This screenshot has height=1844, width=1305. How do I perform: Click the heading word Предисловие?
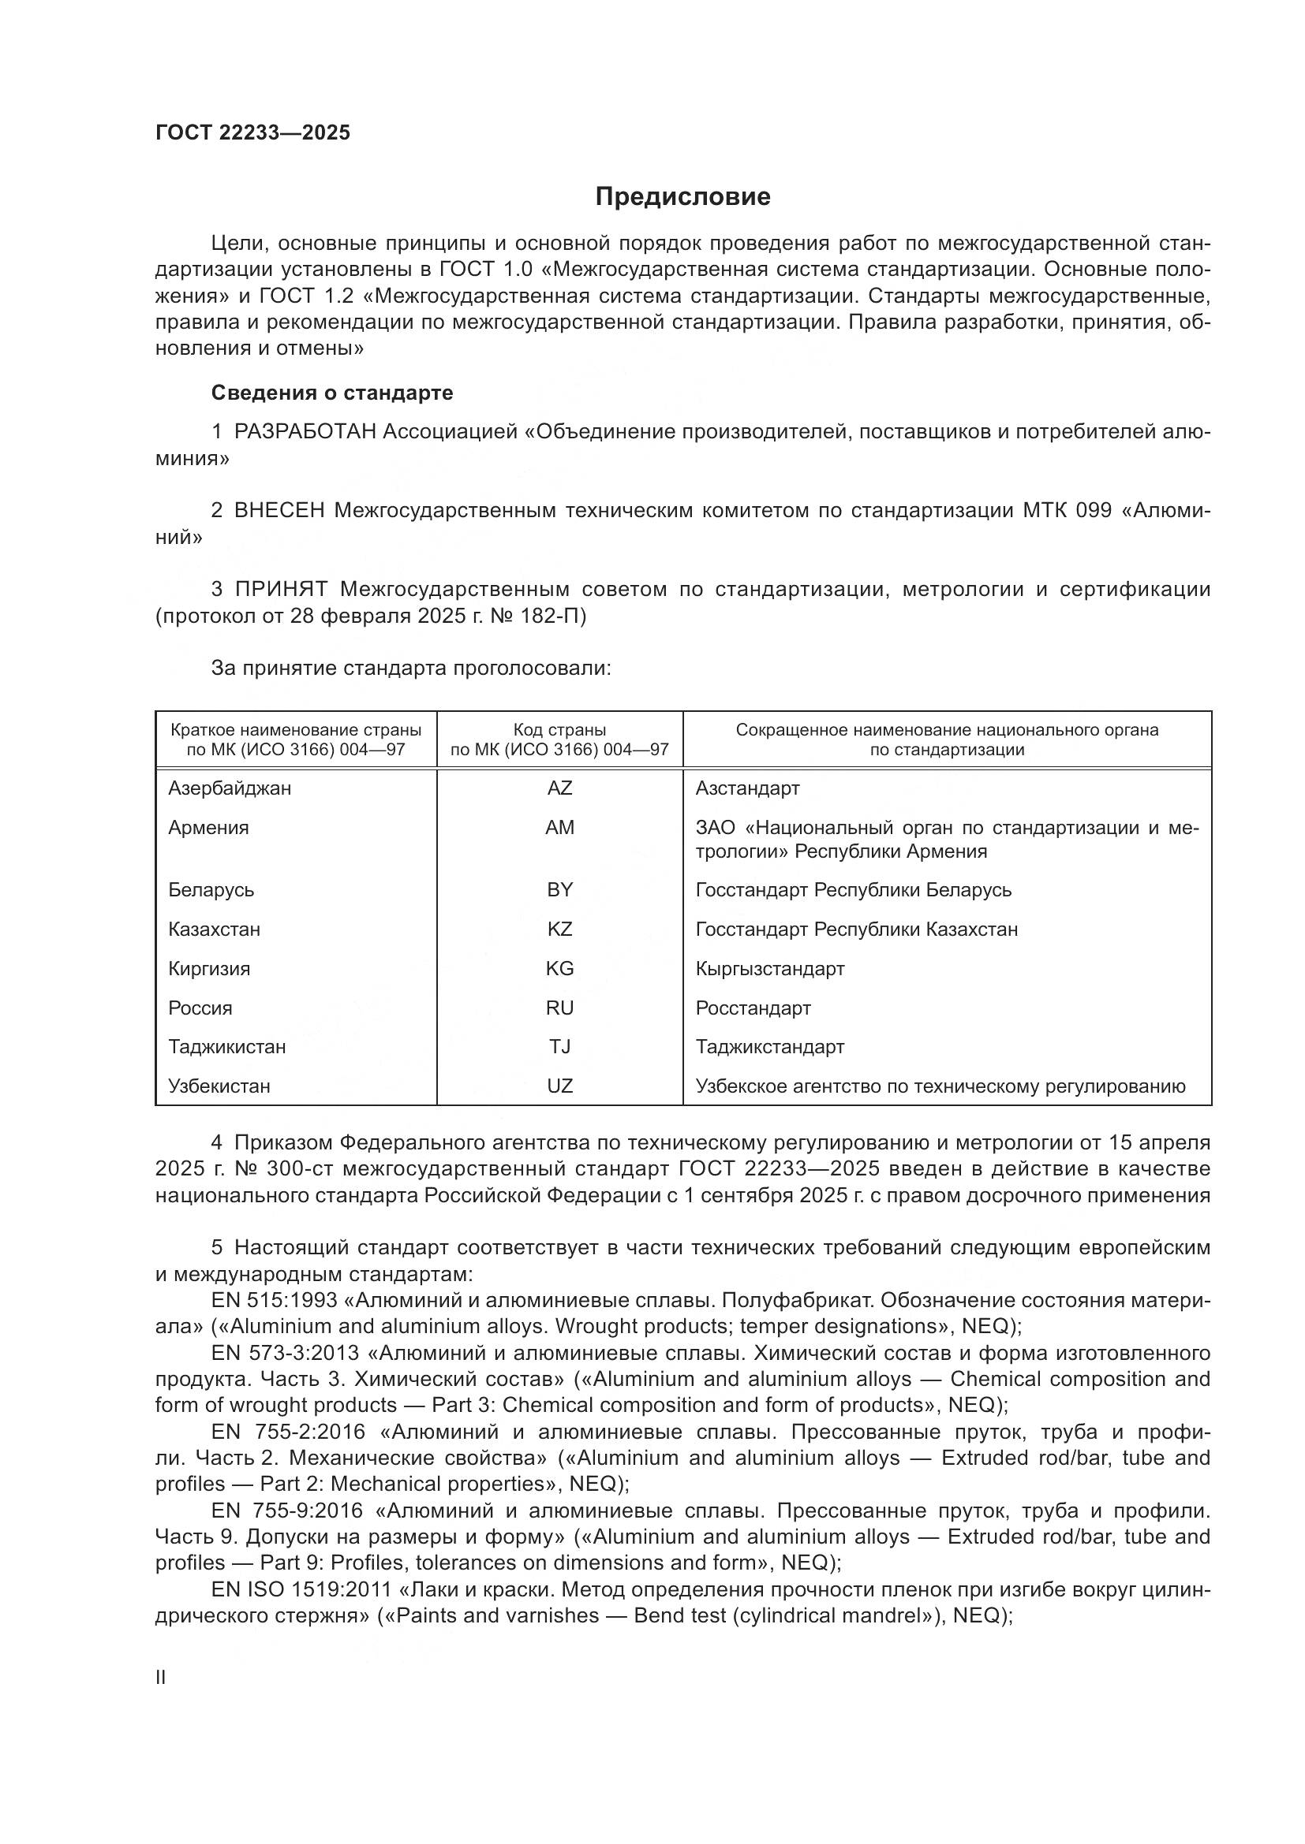click(682, 197)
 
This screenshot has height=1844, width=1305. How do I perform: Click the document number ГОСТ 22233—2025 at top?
click(253, 132)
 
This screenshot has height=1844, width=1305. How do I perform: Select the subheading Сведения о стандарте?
click(332, 393)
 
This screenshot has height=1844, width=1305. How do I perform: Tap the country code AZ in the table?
click(559, 788)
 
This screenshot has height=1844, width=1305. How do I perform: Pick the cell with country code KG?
click(559, 969)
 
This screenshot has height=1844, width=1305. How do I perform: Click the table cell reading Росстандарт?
click(753, 1008)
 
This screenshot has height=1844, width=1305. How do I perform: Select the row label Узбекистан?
click(219, 1086)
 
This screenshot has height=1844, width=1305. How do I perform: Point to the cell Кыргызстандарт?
click(770, 969)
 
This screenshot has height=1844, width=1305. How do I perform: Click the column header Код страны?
click(559, 730)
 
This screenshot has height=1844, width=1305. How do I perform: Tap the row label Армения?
click(208, 827)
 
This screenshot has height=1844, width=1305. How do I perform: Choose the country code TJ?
click(559, 1046)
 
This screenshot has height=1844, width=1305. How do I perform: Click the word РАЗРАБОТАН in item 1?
click(305, 432)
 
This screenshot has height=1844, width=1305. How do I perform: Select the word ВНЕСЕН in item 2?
click(279, 511)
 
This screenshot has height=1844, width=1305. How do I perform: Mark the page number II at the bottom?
click(161, 1677)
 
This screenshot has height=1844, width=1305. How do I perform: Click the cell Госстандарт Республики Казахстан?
click(857, 929)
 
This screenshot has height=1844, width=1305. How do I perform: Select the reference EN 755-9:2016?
click(288, 1511)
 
